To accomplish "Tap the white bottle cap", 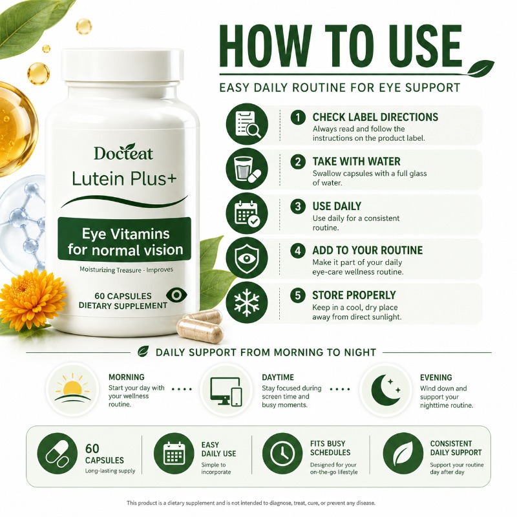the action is coord(123,65).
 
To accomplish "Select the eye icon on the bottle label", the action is coord(176,295).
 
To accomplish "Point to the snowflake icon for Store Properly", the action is coord(247,302).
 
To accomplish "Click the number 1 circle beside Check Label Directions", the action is coord(298,118).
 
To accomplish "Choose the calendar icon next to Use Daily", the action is coord(247,213).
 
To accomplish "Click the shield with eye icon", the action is coord(247,258).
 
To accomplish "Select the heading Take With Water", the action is coord(357,162).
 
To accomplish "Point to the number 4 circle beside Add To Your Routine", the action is coord(298,251).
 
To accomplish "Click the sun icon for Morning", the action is coord(72,390).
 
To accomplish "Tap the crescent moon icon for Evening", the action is coord(386,390).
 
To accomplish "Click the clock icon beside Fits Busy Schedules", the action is coord(282,454).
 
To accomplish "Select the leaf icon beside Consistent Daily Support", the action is coord(403,454).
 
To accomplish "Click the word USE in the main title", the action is coord(426,46).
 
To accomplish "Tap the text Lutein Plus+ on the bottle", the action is coord(124,179).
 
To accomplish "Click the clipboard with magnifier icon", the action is coord(247,124).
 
